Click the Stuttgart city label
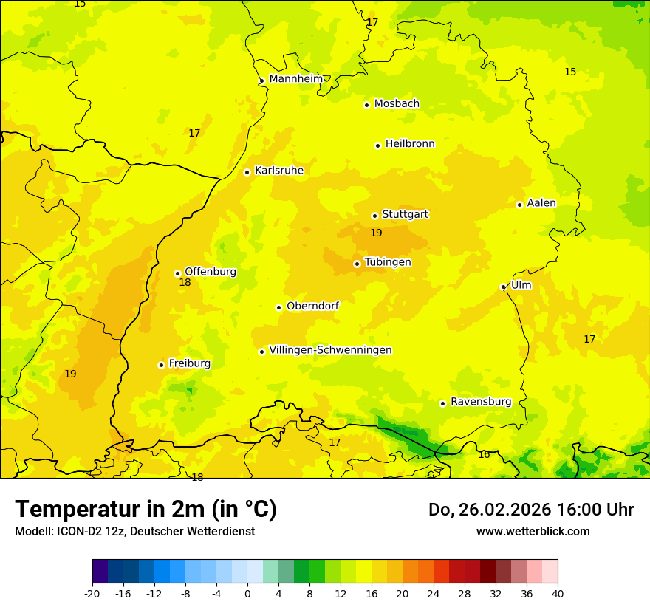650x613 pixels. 405,215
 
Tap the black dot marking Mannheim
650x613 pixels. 261,81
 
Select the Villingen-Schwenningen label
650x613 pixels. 330,350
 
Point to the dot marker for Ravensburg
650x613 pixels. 442,403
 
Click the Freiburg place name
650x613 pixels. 189,363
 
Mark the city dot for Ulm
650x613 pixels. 503,287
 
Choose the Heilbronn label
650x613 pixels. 410,144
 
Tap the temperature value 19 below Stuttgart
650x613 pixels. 376,233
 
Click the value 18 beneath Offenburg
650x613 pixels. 185,283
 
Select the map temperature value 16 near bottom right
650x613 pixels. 484,455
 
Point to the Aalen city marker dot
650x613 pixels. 519,205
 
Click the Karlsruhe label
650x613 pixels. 278,171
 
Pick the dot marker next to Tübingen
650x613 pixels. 357,264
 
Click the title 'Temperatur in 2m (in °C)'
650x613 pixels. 146,509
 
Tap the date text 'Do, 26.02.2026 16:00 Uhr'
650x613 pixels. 530,510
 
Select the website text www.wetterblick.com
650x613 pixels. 533,531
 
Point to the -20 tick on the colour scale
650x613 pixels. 92,593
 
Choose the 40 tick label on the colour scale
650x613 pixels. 558,593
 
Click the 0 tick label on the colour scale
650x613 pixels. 247,593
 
